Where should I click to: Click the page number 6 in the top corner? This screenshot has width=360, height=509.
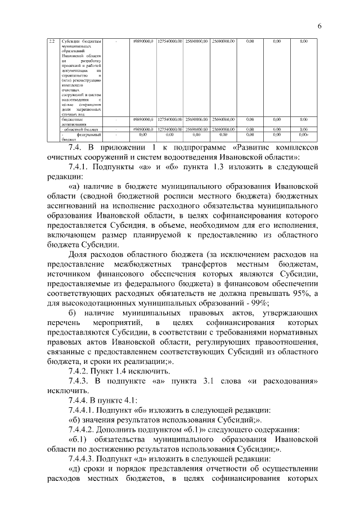tap(319, 26)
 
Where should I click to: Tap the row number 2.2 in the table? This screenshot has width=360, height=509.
tap(51, 41)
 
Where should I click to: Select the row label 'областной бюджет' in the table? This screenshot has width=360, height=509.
tap(80, 129)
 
